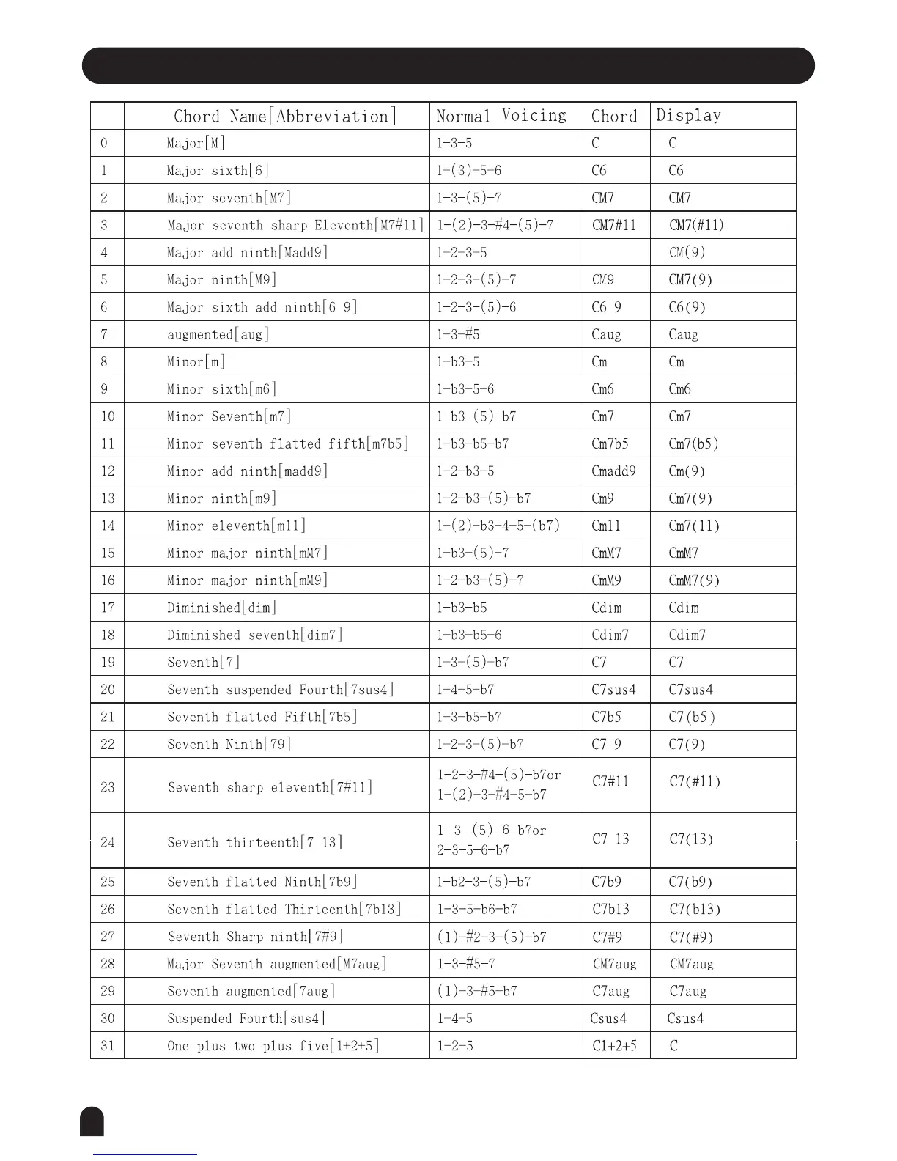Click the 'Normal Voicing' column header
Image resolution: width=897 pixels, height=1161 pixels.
(501, 116)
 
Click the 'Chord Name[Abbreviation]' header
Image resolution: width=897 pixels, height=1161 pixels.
(285, 116)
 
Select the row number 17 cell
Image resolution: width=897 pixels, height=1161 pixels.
(108, 608)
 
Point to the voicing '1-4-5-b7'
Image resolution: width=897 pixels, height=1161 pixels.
(465, 690)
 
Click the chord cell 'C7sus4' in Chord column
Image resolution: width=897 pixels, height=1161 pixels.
(613, 690)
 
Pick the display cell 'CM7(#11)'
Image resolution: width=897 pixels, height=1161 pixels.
(696, 225)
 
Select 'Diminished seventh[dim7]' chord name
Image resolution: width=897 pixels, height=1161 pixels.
(254, 635)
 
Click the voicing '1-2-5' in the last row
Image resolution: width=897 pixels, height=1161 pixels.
(455, 1046)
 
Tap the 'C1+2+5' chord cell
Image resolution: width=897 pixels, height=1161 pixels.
(614, 1046)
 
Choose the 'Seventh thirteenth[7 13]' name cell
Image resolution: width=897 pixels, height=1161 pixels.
(254, 842)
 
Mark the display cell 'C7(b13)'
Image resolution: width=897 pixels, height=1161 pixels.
(695, 909)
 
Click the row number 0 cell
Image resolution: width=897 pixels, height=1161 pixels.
(104, 143)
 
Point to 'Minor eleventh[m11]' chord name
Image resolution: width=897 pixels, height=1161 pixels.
(236, 526)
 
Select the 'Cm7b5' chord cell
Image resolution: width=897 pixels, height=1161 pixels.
(610, 443)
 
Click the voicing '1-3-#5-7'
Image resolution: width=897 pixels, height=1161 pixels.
(466, 964)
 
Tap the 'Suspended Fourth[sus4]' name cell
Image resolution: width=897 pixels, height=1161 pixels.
(246, 1018)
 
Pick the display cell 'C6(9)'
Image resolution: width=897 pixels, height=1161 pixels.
(687, 307)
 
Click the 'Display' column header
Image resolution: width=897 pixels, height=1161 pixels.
(688, 116)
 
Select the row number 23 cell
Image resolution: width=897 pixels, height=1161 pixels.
(108, 787)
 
